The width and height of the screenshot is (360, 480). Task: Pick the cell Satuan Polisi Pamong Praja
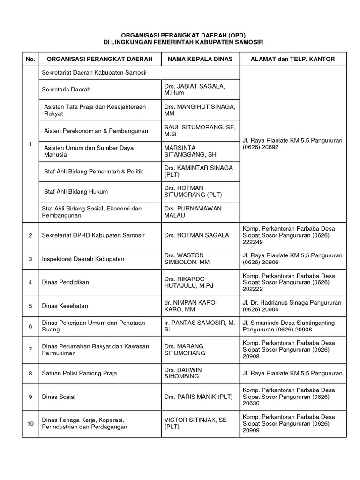(x=79, y=373)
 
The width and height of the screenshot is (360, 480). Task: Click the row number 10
(x=30, y=424)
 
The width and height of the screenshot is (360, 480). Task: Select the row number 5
(x=30, y=306)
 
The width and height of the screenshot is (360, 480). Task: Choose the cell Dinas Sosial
(x=59, y=397)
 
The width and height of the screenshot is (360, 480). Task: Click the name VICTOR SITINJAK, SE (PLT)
(x=195, y=424)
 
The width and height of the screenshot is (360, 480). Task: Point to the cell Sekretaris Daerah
(x=66, y=89)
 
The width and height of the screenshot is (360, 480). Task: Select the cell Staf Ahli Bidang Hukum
(x=75, y=191)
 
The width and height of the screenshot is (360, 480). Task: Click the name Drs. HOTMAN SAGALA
(x=197, y=235)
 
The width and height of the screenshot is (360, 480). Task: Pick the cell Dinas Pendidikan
(x=65, y=282)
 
